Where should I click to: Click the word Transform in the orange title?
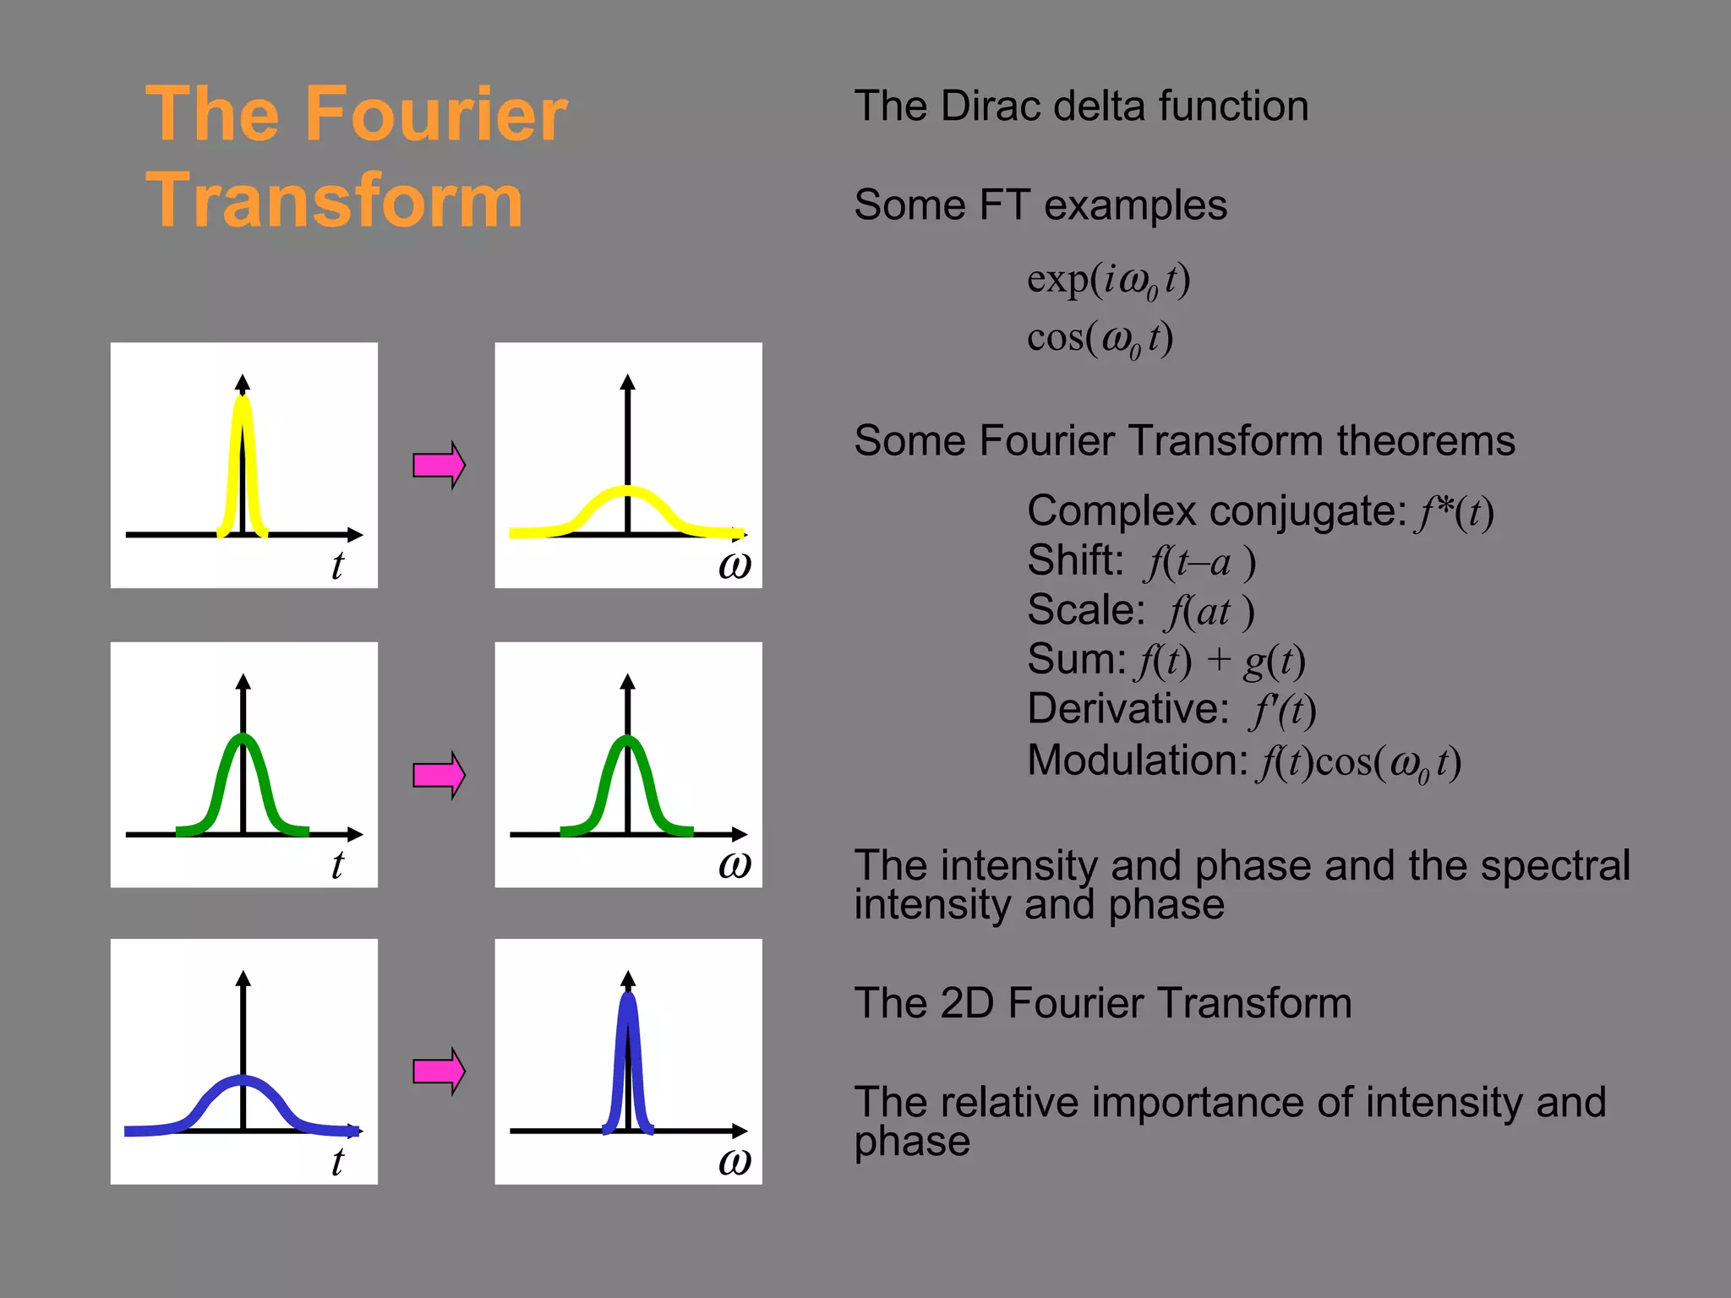point(335,200)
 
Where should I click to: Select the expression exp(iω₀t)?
point(1108,280)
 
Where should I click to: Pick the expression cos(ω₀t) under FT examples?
point(1100,338)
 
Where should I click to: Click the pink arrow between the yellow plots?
point(439,465)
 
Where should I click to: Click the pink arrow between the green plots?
point(439,774)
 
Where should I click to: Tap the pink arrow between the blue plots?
point(439,1072)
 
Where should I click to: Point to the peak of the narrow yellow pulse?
point(243,399)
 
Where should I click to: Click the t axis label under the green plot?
point(337,864)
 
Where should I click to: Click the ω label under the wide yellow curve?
point(734,564)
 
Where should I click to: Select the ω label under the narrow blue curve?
point(734,1162)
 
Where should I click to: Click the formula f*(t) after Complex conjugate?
point(1455,512)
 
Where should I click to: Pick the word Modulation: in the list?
point(1137,760)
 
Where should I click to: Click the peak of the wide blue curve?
point(243,1079)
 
